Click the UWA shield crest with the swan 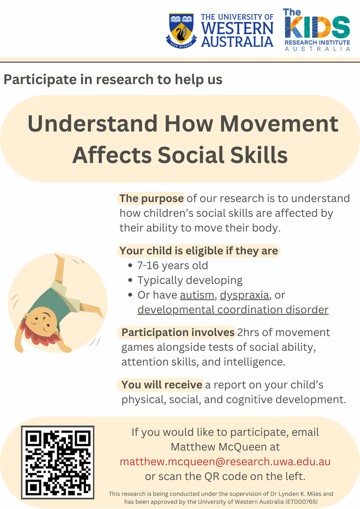(x=181, y=31)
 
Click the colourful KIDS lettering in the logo (x=317, y=27)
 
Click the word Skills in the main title (x=259, y=155)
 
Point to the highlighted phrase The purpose (x=151, y=199)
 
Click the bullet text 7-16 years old (x=173, y=266)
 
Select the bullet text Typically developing (x=190, y=280)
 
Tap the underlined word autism (x=197, y=295)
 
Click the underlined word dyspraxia (x=245, y=295)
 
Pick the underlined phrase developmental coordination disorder (x=233, y=310)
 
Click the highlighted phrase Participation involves (x=178, y=333)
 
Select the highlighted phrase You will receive (x=162, y=385)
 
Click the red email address (x=225, y=462)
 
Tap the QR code (x=58, y=462)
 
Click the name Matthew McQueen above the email (x=216, y=447)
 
